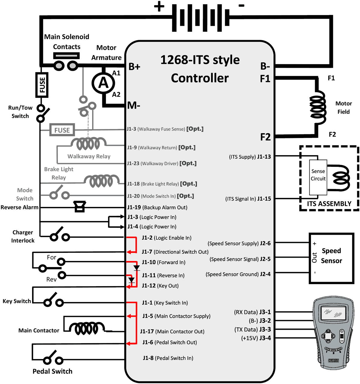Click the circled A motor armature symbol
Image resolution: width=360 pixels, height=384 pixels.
pyautogui.click(x=103, y=83)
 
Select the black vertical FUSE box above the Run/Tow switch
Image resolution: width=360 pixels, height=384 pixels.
pyautogui.click(x=42, y=85)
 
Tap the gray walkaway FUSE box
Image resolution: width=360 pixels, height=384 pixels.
pyautogui.click(x=62, y=130)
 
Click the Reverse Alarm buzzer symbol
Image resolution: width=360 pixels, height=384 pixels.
pyautogui.click(x=80, y=207)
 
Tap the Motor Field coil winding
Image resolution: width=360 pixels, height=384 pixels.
pyautogui.click(x=318, y=107)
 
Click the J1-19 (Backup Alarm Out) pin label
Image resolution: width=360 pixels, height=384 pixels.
pyautogui.click(x=157, y=207)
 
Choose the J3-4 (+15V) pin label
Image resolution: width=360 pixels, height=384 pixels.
pyautogui.click(x=256, y=338)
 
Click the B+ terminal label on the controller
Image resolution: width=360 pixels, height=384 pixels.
pyautogui.click(x=134, y=67)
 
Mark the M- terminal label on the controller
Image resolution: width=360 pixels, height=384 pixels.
pyautogui.click(x=134, y=106)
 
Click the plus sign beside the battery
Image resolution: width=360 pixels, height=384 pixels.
pyautogui.click(x=159, y=7)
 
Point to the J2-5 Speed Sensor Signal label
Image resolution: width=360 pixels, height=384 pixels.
pyautogui.click(x=240, y=259)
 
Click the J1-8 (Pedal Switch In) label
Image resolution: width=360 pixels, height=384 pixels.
pyautogui.click(x=168, y=358)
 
